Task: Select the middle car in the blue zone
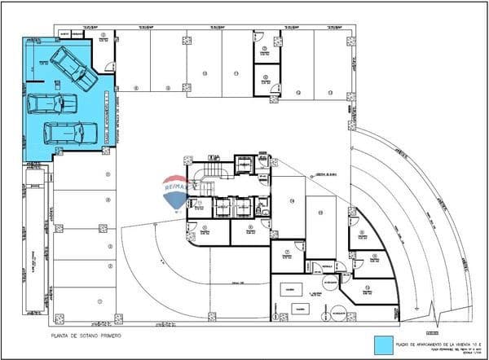[x=53, y=103]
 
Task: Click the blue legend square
[x=381, y=343]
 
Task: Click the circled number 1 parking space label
[x=99, y=301]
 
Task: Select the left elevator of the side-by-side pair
[x=222, y=207]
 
